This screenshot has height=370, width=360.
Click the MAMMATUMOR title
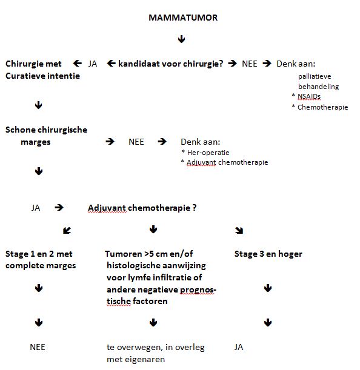[x=183, y=18]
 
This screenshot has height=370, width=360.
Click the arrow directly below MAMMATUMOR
[x=181, y=39]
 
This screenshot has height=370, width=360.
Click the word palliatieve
[x=318, y=76]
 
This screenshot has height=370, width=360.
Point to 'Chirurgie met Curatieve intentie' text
[x=42, y=70]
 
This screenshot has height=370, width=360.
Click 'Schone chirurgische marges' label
[x=46, y=136]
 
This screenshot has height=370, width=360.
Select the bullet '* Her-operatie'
[x=205, y=152]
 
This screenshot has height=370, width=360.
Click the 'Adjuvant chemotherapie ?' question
[x=142, y=207]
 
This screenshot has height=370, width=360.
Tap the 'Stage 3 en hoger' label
[x=268, y=254]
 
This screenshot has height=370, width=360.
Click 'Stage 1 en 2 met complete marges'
[x=41, y=259]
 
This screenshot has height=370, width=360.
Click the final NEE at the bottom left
[x=38, y=348]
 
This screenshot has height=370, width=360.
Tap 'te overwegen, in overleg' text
[x=156, y=348]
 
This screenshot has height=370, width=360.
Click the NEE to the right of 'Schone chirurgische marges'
[x=136, y=142]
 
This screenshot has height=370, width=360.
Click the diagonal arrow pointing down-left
[x=67, y=230]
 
